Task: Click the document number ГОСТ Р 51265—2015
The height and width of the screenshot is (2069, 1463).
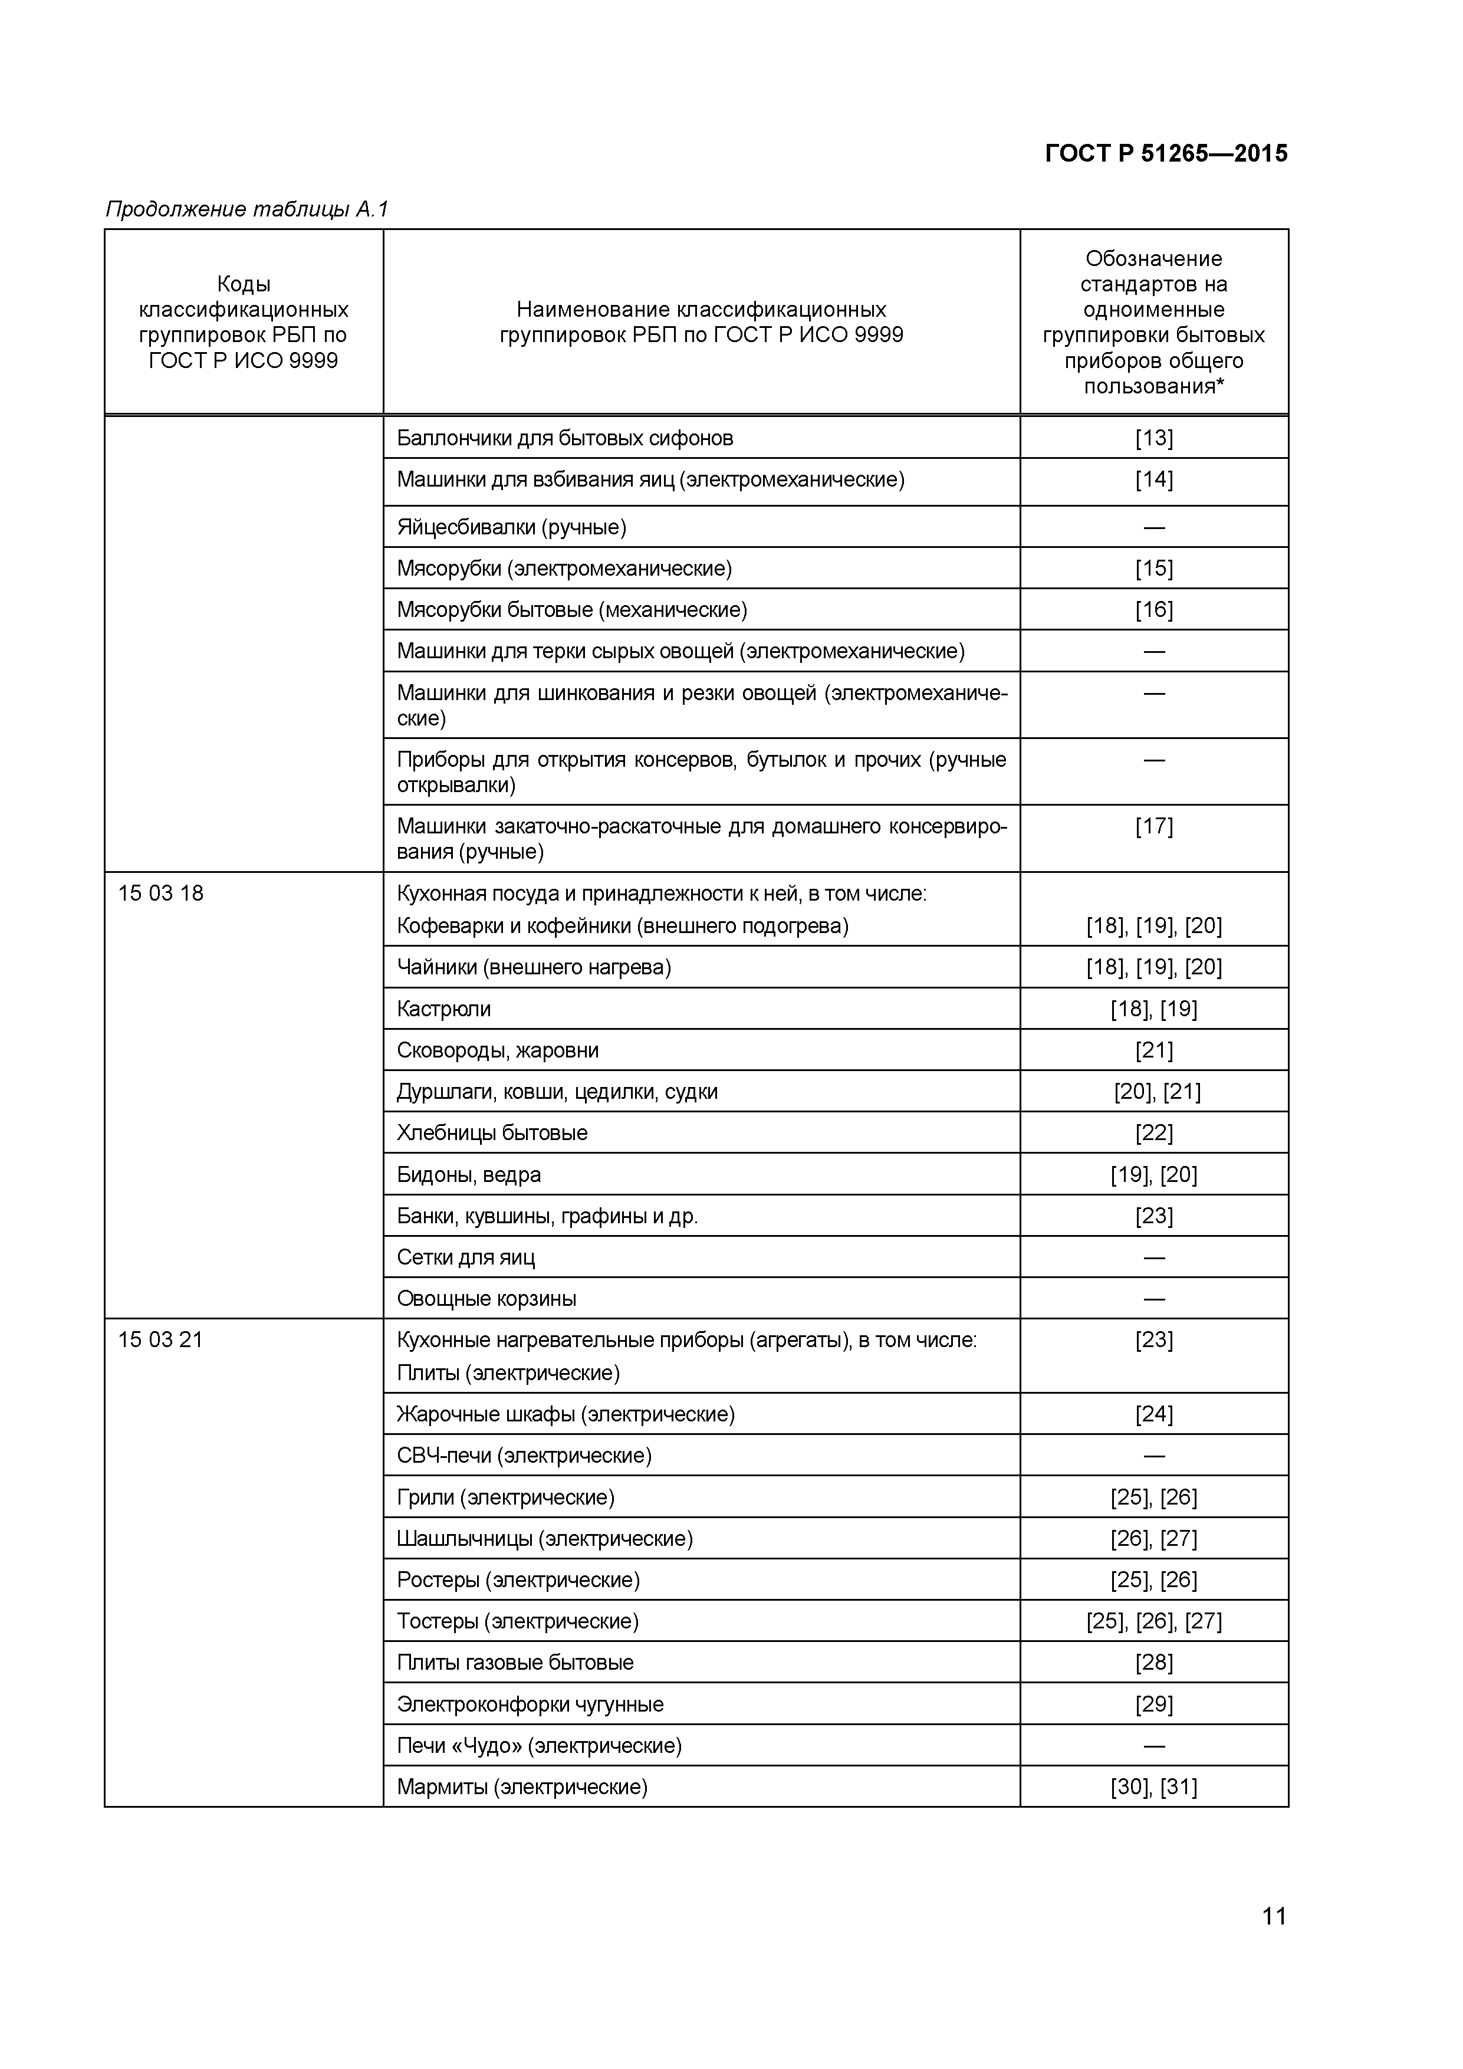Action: (1166, 153)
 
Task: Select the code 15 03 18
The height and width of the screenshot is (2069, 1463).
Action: (160, 893)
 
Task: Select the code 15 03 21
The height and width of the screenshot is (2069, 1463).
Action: (160, 1340)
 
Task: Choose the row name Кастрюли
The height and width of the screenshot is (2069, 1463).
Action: (443, 1009)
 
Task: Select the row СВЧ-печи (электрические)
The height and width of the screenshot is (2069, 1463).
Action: (524, 1456)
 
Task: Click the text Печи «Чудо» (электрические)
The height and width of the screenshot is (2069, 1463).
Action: (539, 1745)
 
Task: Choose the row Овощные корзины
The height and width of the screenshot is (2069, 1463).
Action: (486, 1299)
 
